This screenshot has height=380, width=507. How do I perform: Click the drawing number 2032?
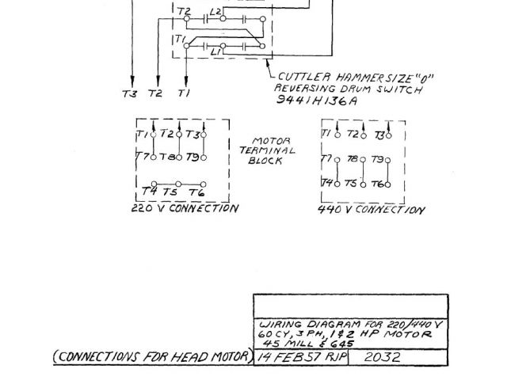(x=382, y=357)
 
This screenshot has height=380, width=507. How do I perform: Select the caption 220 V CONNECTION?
(x=185, y=209)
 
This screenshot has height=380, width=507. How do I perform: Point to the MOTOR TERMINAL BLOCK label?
(x=268, y=150)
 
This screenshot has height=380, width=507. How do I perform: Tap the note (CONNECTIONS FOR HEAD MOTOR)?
(x=151, y=357)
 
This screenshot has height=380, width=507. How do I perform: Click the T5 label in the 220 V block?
(x=170, y=192)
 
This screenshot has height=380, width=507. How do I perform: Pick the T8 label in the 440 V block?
(x=353, y=159)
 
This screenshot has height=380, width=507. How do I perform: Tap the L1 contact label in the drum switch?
(x=215, y=51)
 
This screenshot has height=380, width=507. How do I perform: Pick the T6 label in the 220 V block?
(x=196, y=192)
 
